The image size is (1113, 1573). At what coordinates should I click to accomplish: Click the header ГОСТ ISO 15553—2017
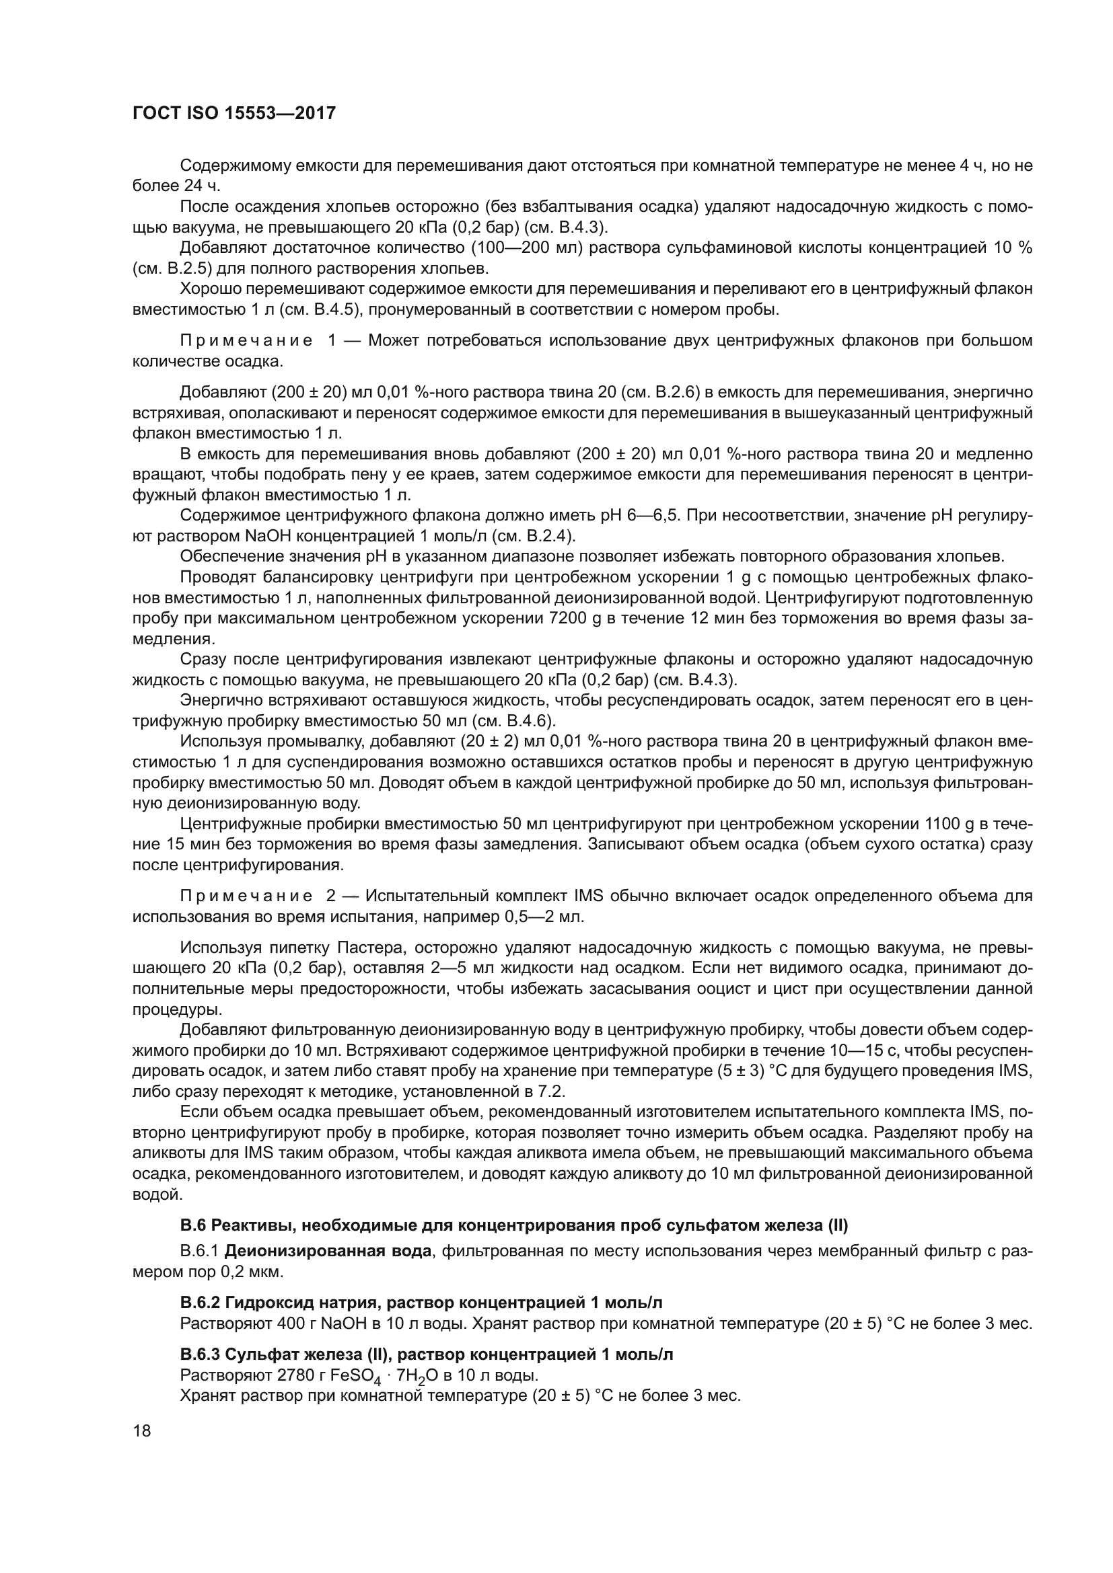(x=234, y=113)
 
